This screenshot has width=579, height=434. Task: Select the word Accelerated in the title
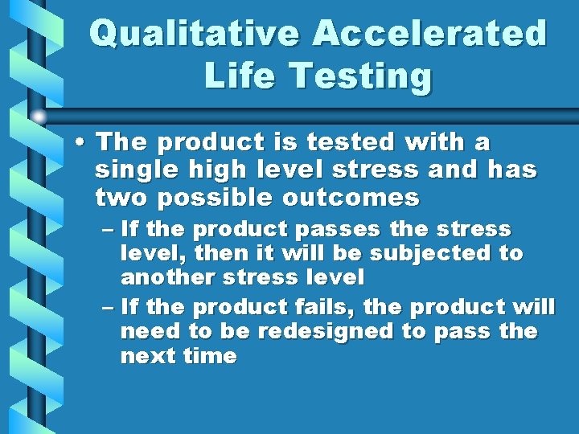pos(429,34)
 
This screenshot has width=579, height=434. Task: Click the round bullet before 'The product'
pos(81,143)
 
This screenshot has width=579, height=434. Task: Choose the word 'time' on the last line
pos(210,356)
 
